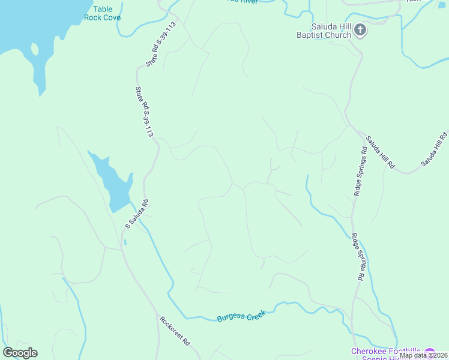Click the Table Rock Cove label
click(x=107, y=13)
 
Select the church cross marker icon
click(x=360, y=29)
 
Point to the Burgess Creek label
click(x=241, y=316)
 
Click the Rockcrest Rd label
click(x=175, y=331)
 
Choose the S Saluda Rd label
click(x=136, y=214)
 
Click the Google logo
click(x=20, y=353)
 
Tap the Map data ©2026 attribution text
click(x=423, y=355)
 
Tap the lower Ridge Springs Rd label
click(x=358, y=256)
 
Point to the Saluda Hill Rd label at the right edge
click(x=435, y=149)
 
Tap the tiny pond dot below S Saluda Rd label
click(x=125, y=242)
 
